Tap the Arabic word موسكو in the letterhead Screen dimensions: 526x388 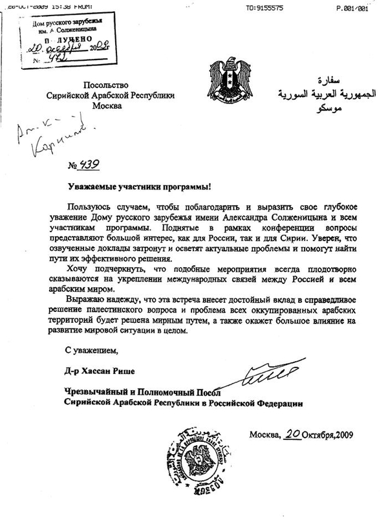click(x=321, y=111)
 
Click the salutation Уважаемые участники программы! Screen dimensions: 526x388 click(x=140, y=186)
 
